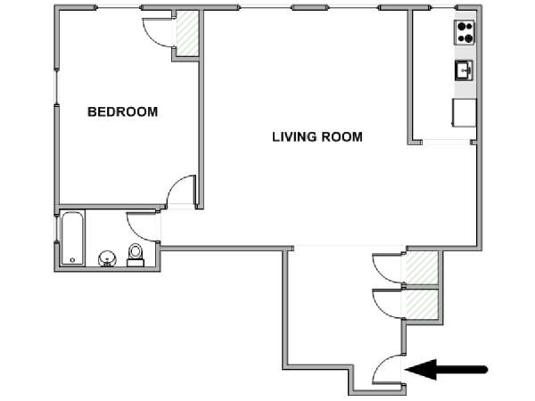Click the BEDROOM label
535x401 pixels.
122,112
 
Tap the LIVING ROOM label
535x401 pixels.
317,136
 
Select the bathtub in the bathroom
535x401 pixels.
72,238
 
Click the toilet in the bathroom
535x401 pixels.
136,255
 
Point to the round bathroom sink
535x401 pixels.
108,258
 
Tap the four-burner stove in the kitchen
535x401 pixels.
465,32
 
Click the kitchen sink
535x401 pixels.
464,70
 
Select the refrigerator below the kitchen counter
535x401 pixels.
464,113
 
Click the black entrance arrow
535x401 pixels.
446,369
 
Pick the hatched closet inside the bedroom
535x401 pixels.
187,33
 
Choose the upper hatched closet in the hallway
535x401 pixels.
422,267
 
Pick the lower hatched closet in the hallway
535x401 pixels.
422,304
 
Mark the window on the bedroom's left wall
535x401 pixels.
56,86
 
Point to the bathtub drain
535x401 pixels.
72,260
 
